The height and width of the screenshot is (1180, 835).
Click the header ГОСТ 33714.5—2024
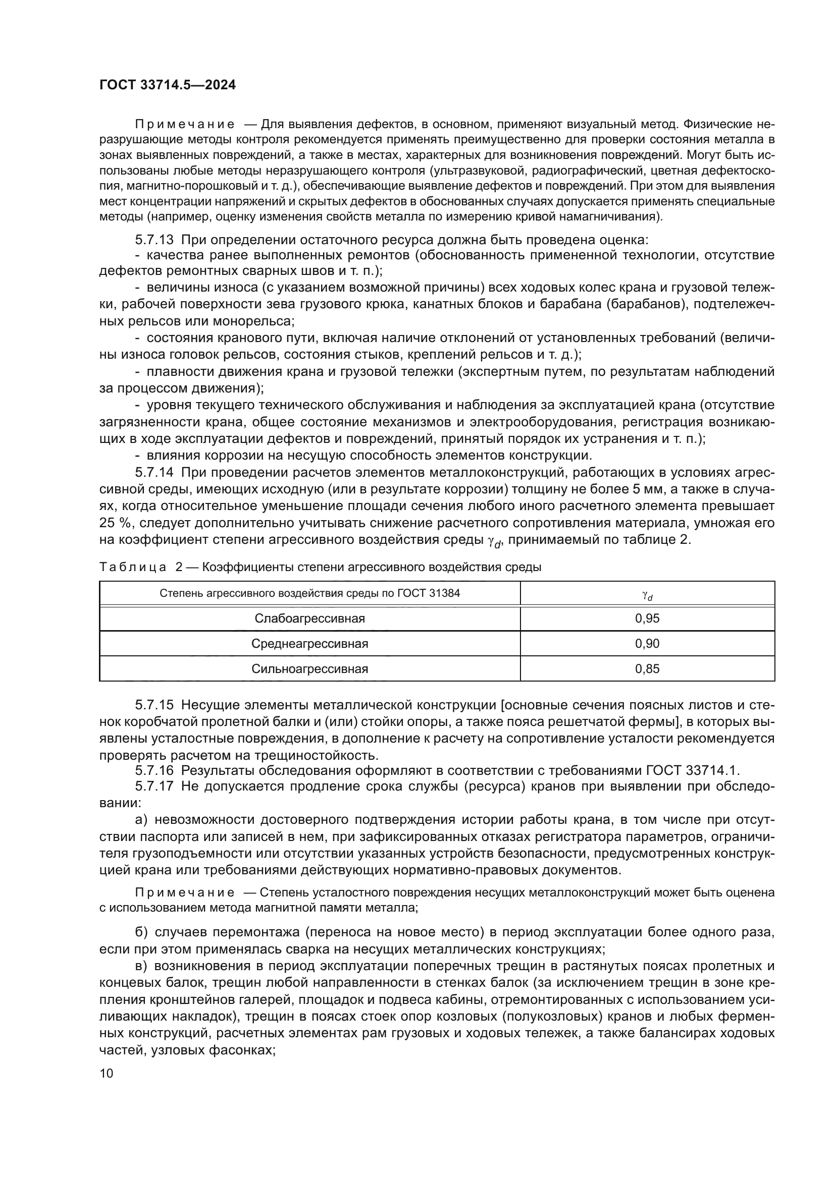click(167, 85)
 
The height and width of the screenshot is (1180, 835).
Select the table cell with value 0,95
click(647, 619)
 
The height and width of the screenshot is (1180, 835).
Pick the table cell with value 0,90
click(647, 643)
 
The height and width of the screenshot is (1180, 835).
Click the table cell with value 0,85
click(647, 668)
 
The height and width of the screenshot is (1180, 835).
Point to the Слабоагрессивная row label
click(309, 619)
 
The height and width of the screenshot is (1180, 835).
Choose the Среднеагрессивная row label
click(309, 643)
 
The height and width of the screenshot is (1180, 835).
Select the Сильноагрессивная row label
click(309, 668)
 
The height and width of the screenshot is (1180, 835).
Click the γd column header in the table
click(647, 595)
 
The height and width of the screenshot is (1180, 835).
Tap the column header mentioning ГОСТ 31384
click(309, 593)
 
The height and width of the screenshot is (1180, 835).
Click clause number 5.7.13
click(154, 240)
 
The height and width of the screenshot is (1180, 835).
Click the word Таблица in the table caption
click(133, 568)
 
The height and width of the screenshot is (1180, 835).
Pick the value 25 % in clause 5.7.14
click(112, 523)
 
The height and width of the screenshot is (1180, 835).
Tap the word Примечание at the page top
click(185, 125)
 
